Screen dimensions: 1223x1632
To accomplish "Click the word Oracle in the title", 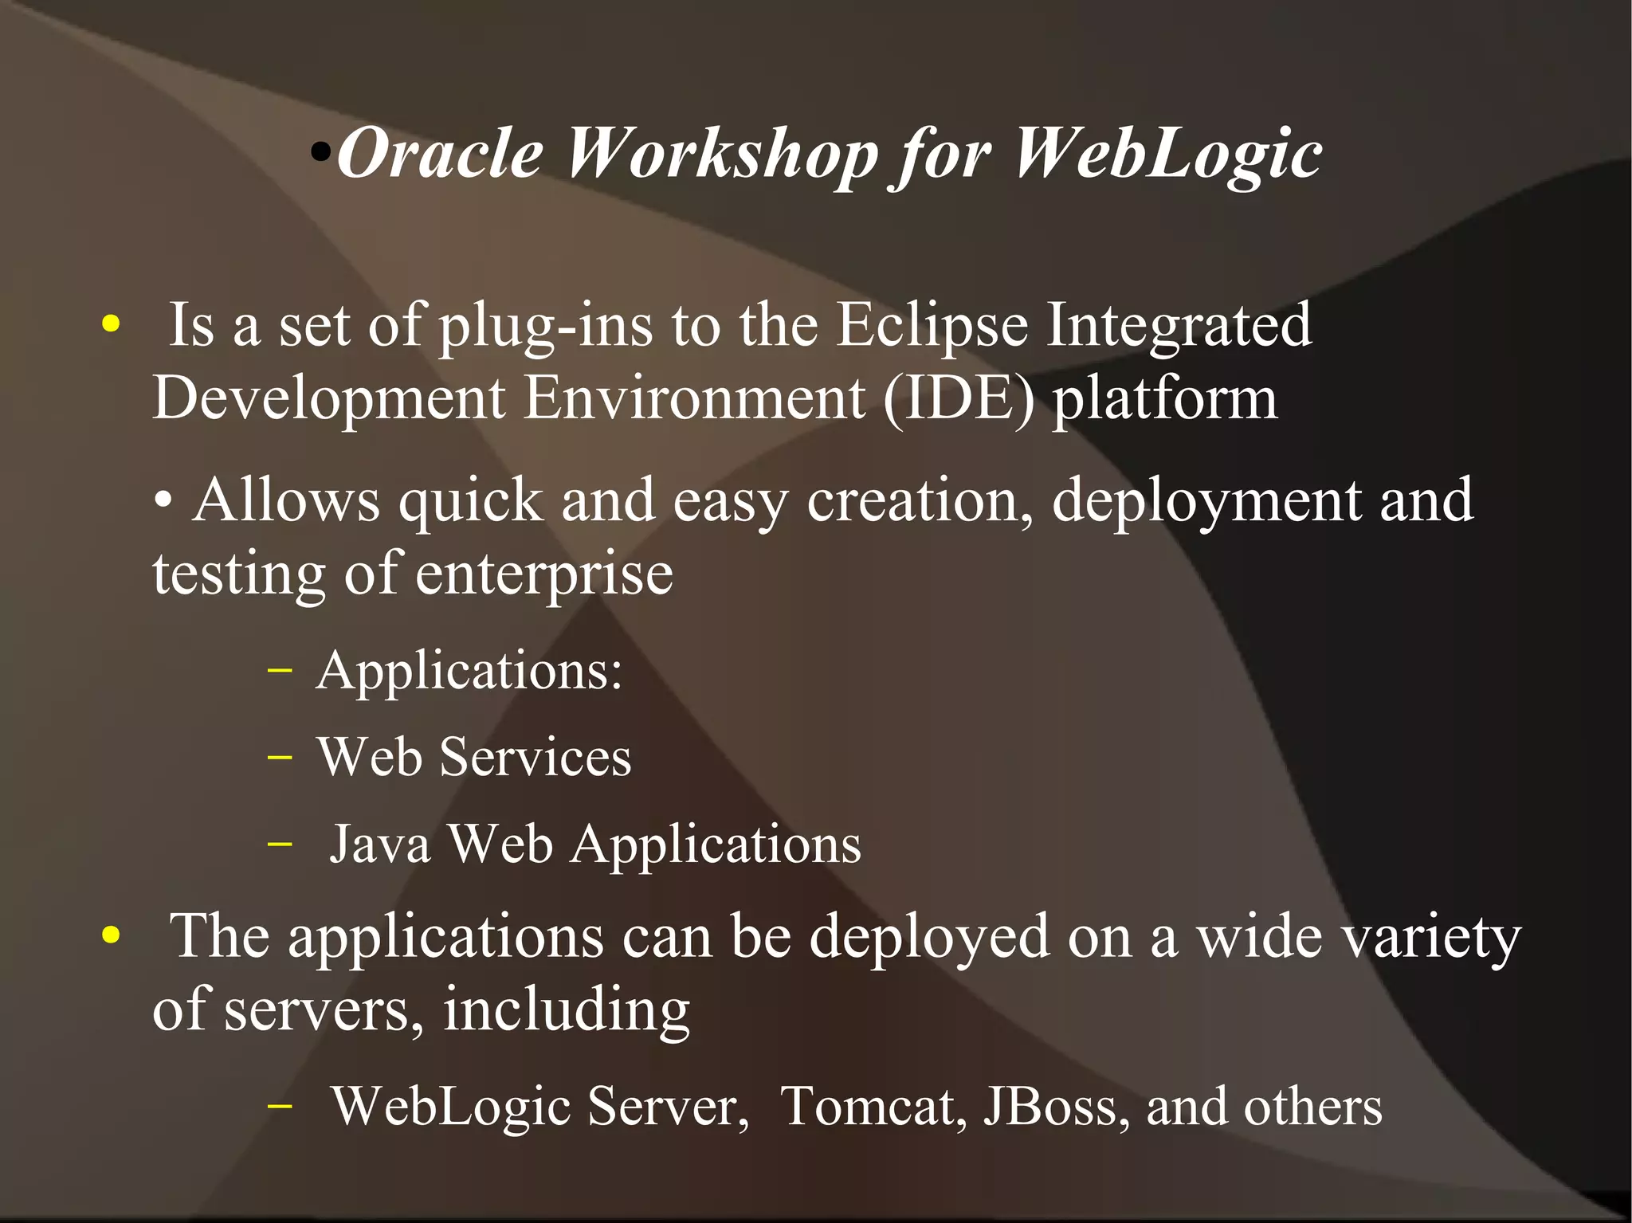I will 439,153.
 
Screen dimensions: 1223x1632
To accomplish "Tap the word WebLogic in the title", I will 1167,153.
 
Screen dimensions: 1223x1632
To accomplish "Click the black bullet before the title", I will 320,151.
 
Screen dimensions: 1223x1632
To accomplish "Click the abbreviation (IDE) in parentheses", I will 959,398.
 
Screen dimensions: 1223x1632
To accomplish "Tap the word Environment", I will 694,398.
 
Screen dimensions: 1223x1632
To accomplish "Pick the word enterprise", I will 543,575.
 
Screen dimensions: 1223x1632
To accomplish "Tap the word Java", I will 379,845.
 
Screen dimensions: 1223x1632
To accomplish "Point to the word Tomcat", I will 873,1107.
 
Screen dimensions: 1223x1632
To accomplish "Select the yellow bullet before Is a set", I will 111,324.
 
